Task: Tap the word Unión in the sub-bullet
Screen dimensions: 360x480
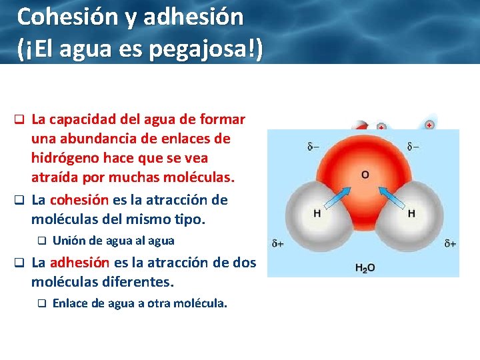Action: pos(68,241)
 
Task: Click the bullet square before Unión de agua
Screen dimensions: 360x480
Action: pos(41,241)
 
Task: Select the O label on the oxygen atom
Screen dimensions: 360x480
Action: pos(365,175)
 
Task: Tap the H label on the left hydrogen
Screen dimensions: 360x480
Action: pos(317,213)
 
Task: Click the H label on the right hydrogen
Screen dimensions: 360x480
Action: pos(411,213)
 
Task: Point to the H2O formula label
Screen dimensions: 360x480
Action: pos(365,268)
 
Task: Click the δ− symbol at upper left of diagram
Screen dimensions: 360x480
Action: pos(313,146)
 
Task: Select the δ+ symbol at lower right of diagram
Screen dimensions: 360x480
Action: pos(450,244)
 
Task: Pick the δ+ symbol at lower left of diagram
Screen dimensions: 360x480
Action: pos(278,244)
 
